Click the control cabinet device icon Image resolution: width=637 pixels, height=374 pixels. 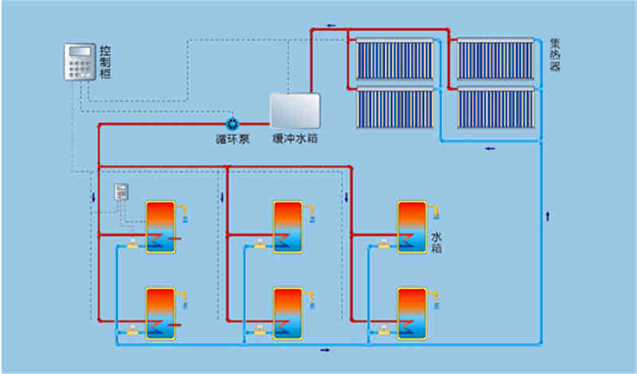(x=80, y=62)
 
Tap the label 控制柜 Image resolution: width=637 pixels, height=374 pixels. (x=104, y=62)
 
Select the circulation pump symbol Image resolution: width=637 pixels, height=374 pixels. (x=233, y=123)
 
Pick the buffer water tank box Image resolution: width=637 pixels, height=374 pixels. (x=295, y=111)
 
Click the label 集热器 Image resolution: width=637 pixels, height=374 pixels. (x=555, y=55)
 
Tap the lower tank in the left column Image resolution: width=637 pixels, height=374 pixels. (x=160, y=314)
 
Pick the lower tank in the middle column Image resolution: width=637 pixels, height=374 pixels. (x=287, y=314)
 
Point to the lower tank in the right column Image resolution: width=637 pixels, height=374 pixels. (x=412, y=314)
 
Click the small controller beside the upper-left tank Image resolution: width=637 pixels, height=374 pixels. (x=121, y=193)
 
